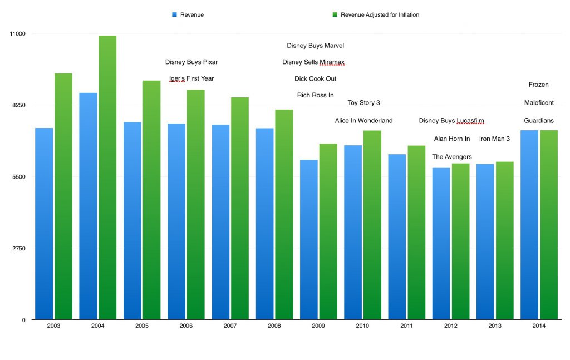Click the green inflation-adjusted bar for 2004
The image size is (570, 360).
(x=107, y=178)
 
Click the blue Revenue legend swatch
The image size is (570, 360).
(x=174, y=15)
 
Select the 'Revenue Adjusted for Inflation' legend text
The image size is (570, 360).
(x=380, y=15)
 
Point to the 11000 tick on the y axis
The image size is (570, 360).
(x=18, y=33)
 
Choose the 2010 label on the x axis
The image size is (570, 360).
(x=363, y=326)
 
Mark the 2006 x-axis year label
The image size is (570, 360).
(x=186, y=326)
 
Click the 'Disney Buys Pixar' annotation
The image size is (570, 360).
(x=191, y=62)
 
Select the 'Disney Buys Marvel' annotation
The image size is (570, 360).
(x=316, y=46)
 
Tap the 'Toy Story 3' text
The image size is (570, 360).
(x=363, y=103)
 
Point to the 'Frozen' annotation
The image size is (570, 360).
(x=538, y=85)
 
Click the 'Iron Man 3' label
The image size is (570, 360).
(x=494, y=139)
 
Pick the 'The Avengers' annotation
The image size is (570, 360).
(x=451, y=157)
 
